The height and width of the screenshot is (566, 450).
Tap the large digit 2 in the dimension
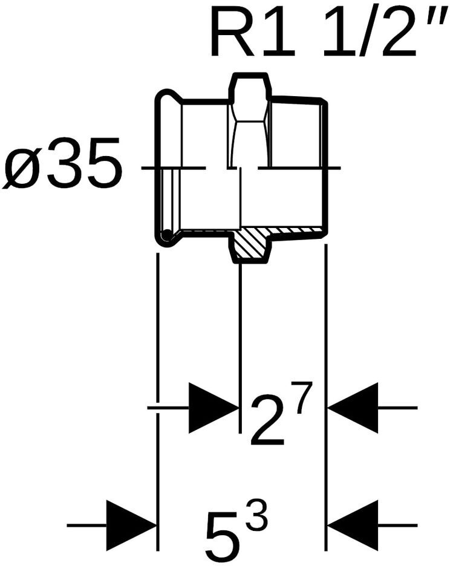coord(267,421)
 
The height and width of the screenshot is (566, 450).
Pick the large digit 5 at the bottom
coord(223,535)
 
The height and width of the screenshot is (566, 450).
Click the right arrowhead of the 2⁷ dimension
coord(353,408)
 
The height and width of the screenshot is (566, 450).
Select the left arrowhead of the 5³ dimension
coord(131,525)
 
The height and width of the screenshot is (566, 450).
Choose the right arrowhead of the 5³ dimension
coord(353,525)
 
